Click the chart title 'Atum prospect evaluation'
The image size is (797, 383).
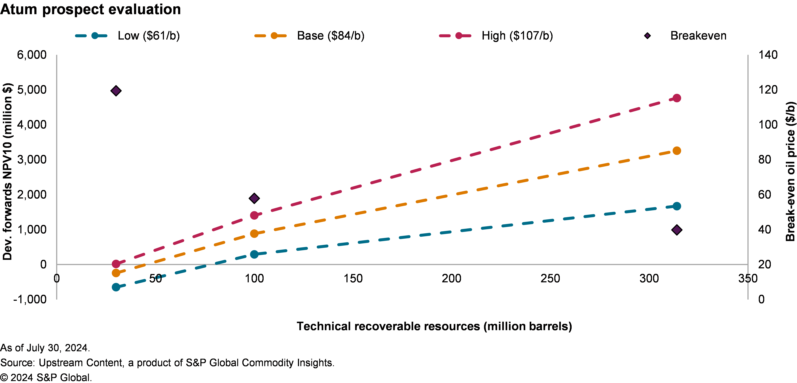coord(90,9)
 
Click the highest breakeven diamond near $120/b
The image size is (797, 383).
coord(116,91)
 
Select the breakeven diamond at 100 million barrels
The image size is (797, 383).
coord(254,198)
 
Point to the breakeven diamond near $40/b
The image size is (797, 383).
coord(677,230)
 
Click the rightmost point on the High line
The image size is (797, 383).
coord(677,98)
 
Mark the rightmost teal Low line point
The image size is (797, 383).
coord(677,206)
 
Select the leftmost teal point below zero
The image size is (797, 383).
coord(116,287)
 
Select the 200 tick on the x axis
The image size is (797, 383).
coord(451,278)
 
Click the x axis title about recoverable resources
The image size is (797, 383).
coord(434,326)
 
